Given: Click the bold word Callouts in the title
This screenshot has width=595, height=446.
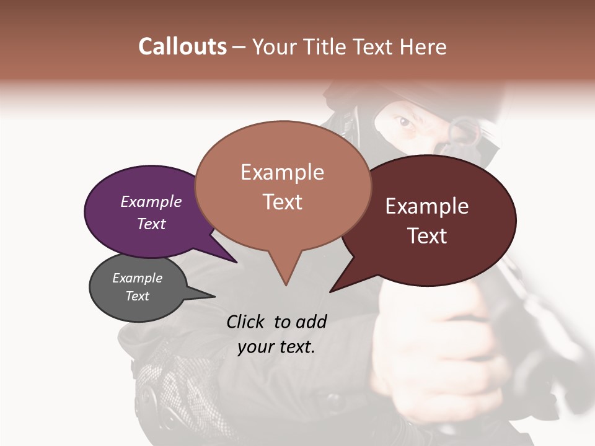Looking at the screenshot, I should pos(182,46).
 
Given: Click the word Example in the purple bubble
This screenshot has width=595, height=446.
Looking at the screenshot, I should pos(151,202).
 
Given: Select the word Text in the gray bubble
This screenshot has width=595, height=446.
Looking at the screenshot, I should pos(138,296).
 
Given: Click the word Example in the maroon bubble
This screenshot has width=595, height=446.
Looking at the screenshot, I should pos(427,206).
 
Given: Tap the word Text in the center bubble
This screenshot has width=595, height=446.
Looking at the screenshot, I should pos(283,202).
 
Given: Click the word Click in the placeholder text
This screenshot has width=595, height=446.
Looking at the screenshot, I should pos(247,321).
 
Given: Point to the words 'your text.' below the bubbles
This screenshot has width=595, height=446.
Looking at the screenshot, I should pos(276,347).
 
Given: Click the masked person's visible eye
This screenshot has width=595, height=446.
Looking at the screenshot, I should pos(405,121).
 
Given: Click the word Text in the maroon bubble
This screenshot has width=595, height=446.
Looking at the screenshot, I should pos(428,236).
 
